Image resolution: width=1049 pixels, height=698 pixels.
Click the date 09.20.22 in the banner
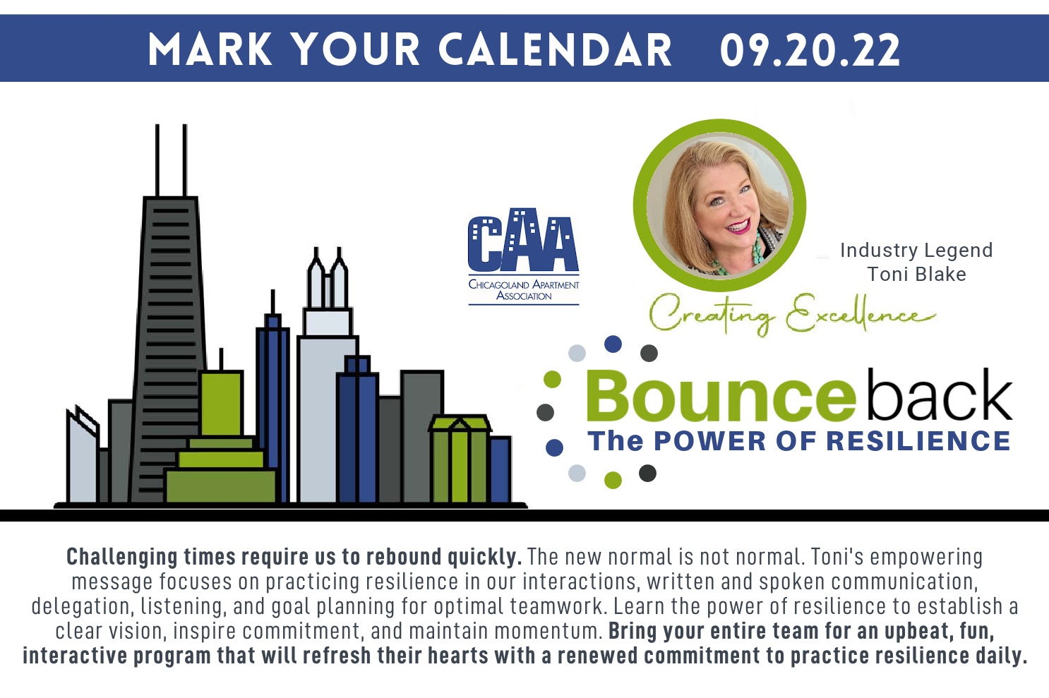point(810,49)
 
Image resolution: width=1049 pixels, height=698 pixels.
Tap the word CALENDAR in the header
point(554,49)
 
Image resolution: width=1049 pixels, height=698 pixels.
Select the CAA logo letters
point(524,240)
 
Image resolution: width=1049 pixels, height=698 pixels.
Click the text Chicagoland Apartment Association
point(524,290)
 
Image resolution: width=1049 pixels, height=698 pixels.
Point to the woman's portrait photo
point(719,205)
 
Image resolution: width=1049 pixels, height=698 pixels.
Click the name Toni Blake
point(916,275)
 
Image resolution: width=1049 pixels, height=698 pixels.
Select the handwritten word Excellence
point(861,313)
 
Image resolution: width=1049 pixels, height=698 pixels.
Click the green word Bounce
point(720,396)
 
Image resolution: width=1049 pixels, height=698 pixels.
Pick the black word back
point(940,395)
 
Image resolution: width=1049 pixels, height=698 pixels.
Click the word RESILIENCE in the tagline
point(918,441)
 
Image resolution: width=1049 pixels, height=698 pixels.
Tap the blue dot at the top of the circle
point(613,344)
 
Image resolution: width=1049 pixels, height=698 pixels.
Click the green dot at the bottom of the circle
point(613,480)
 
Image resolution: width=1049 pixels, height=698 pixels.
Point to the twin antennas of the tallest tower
point(171,160)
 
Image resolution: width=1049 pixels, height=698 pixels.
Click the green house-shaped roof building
point(460,458)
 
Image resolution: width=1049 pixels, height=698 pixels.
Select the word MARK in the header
point(210,49)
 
